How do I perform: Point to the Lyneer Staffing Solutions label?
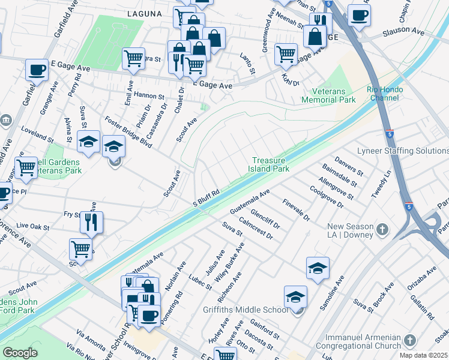403,151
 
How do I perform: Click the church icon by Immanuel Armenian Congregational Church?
410,341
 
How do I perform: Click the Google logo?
20,353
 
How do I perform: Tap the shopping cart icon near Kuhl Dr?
286,53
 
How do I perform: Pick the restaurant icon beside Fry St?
91,222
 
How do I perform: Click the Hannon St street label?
149,96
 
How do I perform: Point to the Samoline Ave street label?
333,293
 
